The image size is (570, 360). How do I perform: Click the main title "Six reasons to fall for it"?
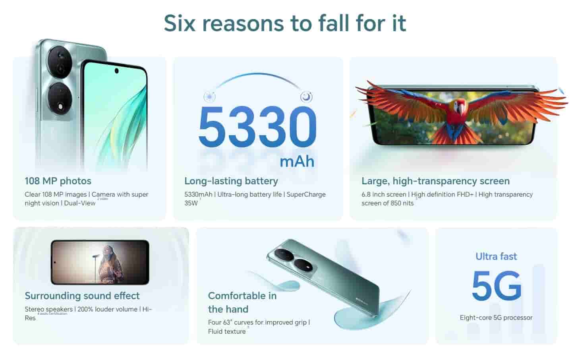(x=285, y=23)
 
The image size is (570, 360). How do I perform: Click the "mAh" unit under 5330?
(x=297, y=161)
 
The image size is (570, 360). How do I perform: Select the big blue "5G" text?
(x=496, y=286)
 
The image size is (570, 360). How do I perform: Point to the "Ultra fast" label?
(x=496, y=256)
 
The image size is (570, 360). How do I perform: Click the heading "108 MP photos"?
(x=58, y=181)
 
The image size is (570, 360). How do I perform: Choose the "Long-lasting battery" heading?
(x=231, y=181)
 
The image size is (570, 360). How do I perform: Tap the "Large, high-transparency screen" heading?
(x=435, y=181)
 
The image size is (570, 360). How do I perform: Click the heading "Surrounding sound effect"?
(x=82, y=296)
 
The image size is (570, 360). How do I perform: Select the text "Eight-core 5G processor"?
(x=496, y=317)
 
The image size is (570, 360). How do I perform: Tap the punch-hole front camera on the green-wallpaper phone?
(x=116, y=71)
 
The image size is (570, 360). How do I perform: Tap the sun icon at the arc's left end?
(x=209, y=97)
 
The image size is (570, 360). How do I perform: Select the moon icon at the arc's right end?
(x=306, y=97)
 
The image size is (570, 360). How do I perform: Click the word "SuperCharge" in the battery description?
(x=306, y=194)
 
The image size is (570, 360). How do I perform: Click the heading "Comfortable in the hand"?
(x=242, y=302)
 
